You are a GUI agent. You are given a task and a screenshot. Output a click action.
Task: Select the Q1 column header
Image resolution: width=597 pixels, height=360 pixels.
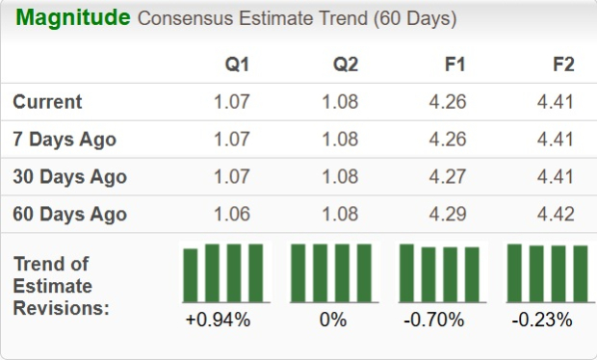click(237, 65)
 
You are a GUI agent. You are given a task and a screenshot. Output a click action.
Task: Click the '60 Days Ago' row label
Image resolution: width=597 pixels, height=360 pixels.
click(69, 214)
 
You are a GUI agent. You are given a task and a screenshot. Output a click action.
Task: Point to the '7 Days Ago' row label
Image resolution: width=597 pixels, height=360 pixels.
click(65, 140)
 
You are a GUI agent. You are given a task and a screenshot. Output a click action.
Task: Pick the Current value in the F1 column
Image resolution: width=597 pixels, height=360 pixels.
click(448, 102)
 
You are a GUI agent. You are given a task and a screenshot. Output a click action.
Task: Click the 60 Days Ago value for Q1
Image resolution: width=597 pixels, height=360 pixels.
click(232, 214)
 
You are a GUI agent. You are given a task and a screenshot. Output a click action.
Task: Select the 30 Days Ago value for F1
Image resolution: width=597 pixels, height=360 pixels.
click(448, 177)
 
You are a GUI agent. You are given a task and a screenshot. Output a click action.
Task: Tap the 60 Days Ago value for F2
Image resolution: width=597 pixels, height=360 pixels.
click(557, 214)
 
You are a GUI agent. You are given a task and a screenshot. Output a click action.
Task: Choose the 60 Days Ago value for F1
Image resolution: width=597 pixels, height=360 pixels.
click(448, 214)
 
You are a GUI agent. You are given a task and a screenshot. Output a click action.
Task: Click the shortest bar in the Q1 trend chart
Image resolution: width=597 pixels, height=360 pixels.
click(191, 276)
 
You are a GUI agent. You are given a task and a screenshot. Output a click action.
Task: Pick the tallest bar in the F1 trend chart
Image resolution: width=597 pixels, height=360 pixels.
click(406, 273)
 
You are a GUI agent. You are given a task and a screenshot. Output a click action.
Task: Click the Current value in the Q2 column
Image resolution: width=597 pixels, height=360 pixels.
click(340, 102)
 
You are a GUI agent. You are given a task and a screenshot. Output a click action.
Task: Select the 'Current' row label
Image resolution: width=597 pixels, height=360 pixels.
click(48, 102)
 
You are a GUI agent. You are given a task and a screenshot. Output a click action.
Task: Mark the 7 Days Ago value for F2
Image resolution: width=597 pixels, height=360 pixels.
click(557, 140)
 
